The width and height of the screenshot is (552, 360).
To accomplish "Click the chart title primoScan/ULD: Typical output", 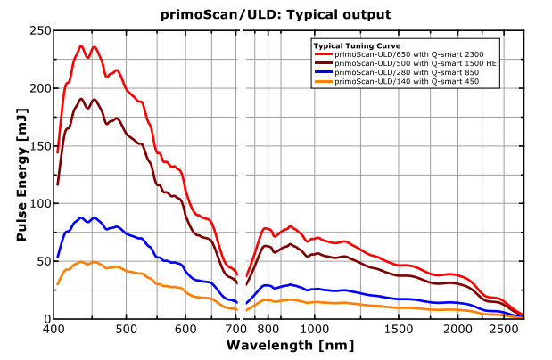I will tap(276, 14).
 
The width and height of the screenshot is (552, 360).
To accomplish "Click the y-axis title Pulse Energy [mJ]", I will tap(21, 174).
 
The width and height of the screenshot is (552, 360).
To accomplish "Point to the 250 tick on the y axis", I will tap(37, 30).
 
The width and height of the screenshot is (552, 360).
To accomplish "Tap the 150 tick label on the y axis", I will tap(37, 146).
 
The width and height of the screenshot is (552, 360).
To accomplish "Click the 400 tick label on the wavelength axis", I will tap(53, 329).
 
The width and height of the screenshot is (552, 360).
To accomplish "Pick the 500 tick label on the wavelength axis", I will tap(126, 329).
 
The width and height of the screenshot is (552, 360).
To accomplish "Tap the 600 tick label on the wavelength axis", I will tap(185, 329).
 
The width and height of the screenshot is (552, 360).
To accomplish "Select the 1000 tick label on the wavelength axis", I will tap(315, 329).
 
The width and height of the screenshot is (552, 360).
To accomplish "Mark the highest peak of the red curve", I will tap(81, 46).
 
